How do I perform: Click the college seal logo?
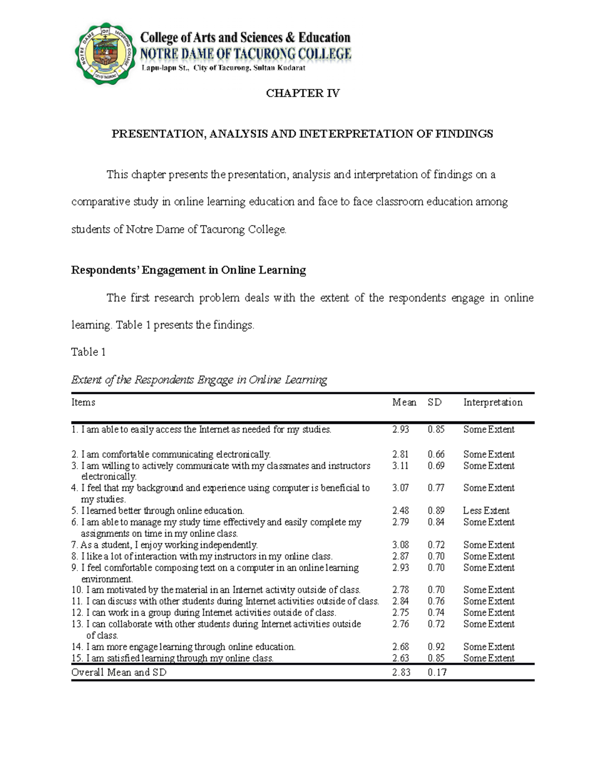[x=106, y=55]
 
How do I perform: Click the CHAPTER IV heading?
[x=302, y=93]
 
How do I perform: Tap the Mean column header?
[x=404, y=402]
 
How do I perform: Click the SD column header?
[x=434, y=402]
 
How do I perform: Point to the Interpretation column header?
[x=492, y=402]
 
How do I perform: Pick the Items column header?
[x=83, y=402]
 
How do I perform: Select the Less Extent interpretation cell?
[x=486, y=510]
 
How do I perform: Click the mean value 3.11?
[x=400, y=465]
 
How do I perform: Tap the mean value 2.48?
[x=400, y=510]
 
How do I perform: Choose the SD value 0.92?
[x=436, y=647]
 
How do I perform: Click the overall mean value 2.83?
[x=401, y=672]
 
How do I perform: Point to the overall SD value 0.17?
[x=437, y=672]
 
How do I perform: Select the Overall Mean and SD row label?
[x=119, y=672]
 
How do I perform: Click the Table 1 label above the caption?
[x=88, y=352]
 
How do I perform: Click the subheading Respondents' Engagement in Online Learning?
[x=188, y=271]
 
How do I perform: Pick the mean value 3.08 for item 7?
[x=400, y=545]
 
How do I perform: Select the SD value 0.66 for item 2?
[x=436, y=454]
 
